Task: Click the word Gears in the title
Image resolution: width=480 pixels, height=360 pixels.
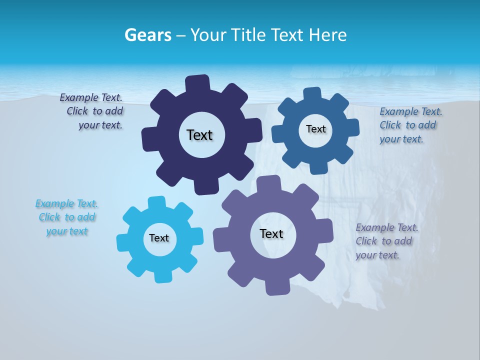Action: [147, 35]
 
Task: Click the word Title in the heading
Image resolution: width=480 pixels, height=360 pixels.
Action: [249, 35]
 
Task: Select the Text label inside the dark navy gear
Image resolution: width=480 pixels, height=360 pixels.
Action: [199, 135]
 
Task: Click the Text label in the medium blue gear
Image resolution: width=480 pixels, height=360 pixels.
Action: [315, 129]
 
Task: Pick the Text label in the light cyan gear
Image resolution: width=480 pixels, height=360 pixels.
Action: [159, 238]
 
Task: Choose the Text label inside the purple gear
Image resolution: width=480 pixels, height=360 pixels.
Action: [271, 234]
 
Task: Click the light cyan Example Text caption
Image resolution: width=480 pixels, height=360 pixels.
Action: [67, 217]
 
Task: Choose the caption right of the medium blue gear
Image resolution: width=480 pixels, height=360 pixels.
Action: [409, 125]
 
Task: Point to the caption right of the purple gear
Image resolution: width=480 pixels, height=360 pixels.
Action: [386, 241]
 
